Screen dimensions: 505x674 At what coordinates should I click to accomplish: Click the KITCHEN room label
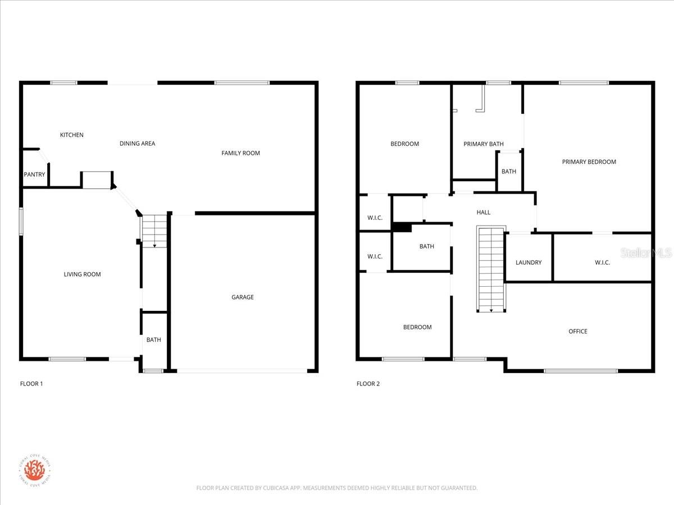click(x=72, y=135)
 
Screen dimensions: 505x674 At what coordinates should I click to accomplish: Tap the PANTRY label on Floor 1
click(x=34, y=175)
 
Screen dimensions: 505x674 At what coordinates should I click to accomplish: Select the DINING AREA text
click(x=137, y=144)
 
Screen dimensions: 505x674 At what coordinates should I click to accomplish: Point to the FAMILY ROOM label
click(x=240, y=153)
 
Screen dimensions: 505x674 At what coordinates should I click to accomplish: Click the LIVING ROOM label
click(x=82, y=274)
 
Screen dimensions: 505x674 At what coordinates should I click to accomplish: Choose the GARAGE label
click(x=243, y=297)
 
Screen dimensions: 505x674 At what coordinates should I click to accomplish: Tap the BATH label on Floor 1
click(x=153, y=340)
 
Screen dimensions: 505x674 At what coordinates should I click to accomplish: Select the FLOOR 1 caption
click(x=31, y=384)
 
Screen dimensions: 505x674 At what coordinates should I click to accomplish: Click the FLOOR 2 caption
click(x=368, y=384)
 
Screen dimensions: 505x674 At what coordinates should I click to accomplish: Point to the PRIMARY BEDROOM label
click(x=589, y=162)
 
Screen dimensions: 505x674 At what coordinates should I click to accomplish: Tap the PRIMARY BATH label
click(x=483, y=144)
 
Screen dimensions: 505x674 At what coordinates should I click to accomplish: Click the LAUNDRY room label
click(x=529, y=263)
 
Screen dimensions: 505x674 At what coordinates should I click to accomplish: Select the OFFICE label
click(x=577, y=332)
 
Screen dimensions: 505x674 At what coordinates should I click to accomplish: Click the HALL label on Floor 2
click(x=483, y=213)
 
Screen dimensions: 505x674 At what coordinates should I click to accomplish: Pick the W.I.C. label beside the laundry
click(x=602, y=263)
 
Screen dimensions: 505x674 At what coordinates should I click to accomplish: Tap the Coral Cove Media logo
click(x=34, y=469)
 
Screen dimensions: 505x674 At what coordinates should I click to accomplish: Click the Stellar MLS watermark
click(x=652, y=254)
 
